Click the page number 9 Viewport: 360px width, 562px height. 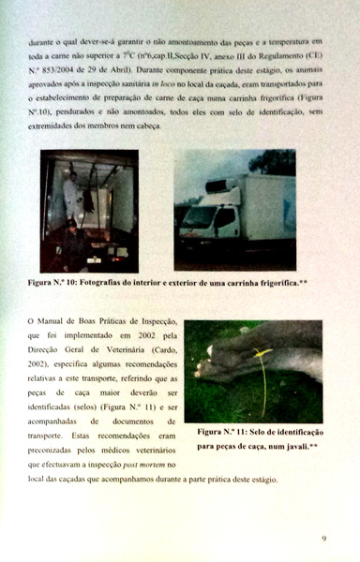coord(322,538)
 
